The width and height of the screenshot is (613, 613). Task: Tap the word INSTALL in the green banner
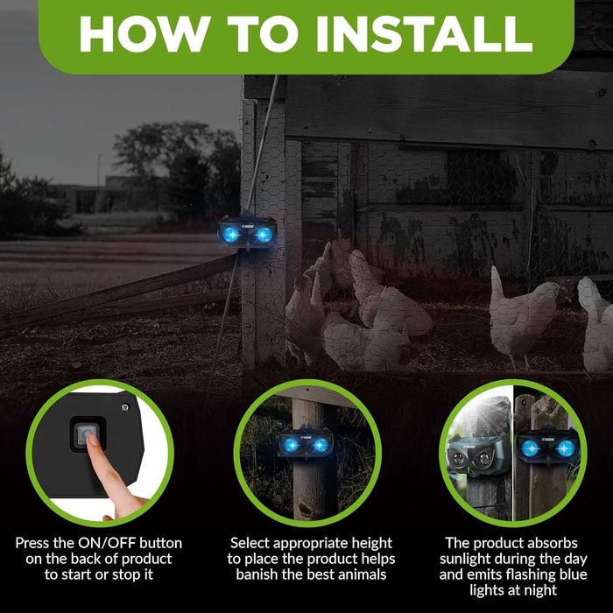tap(424, 34)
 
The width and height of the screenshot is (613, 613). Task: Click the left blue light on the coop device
tap(231, 234)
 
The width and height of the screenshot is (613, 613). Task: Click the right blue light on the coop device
tap(263, 234)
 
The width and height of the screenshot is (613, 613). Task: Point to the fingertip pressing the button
tap(92, 440)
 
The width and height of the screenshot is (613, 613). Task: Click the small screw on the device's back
tap(125, 406)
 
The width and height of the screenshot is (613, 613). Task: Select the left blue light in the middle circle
tap(291, 445)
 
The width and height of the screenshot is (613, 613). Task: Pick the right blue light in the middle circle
tap(320, 445)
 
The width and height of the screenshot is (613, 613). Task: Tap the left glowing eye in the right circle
tap(531, 448)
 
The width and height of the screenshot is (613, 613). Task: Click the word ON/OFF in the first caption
tap(106, 544)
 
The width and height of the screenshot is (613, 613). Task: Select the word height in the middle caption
tap(371, 544)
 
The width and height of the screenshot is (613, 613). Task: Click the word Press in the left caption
tap(32, 543)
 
